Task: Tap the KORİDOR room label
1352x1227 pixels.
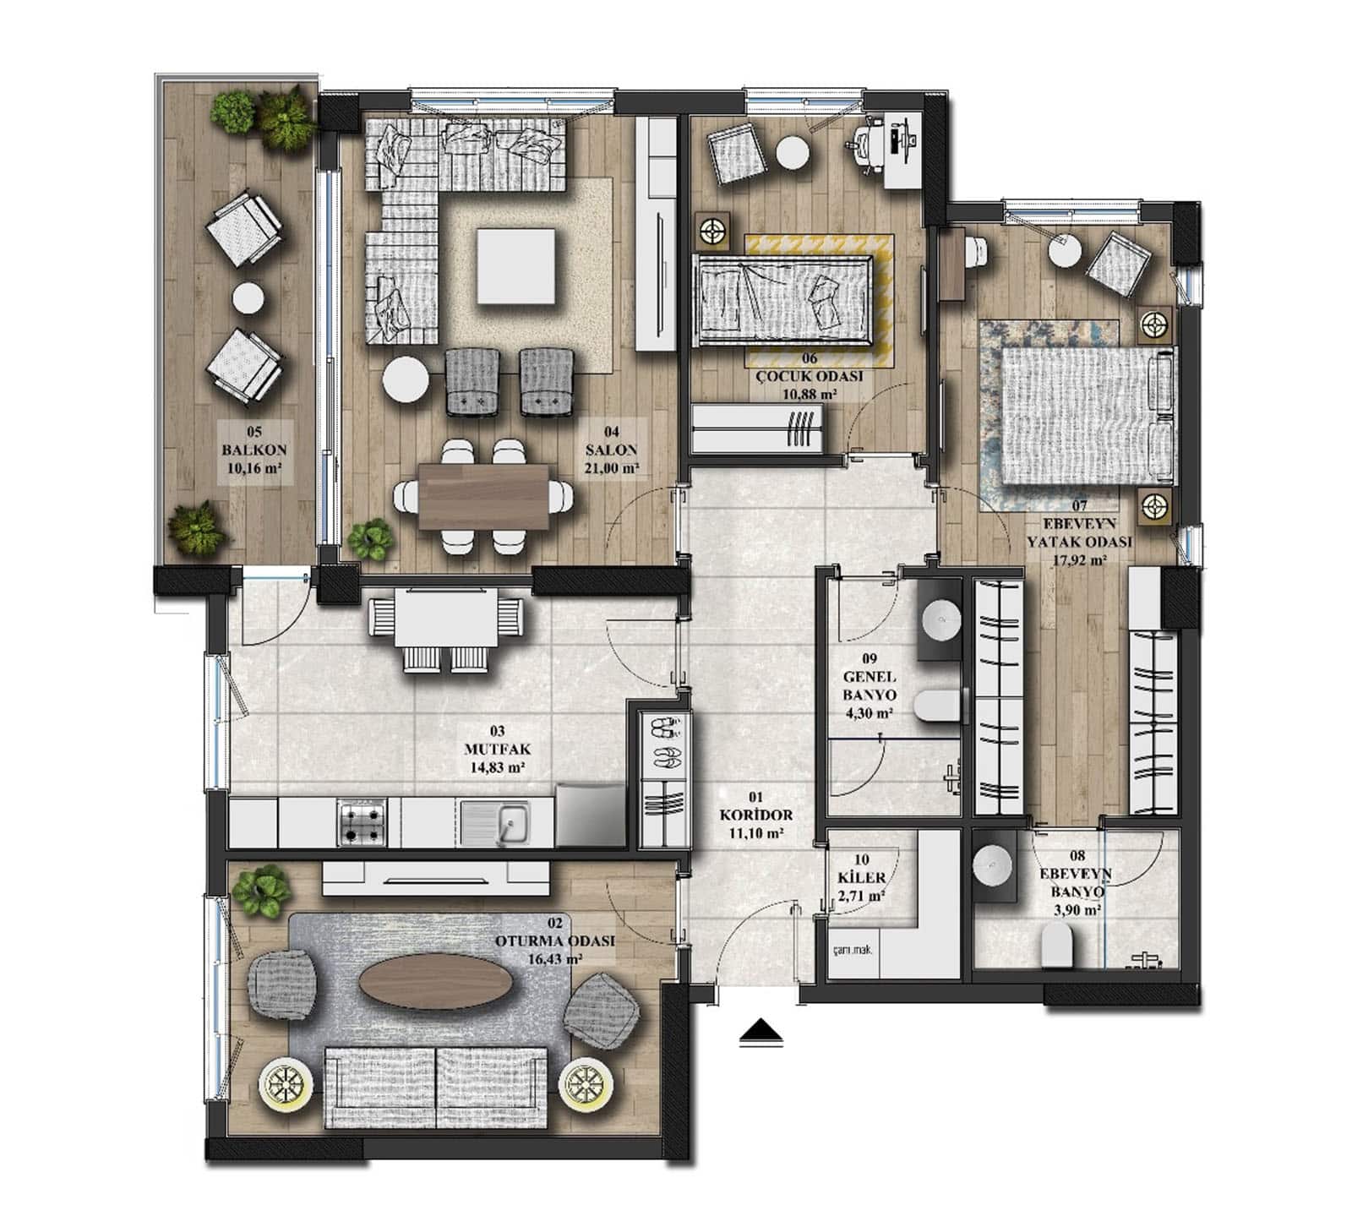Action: pyautogui.click(x=755, y=815)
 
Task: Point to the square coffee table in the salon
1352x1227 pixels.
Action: pyautogui.click(x=515, y=266)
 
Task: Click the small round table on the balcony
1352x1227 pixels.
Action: pyautogui.click(x=248, y=298)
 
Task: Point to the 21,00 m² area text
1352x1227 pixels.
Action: pyautogui.click(x=611, y=466)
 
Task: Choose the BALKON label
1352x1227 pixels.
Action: pyautogui.click(x=253, y=451)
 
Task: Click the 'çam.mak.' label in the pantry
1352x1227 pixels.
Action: pyautogui.click(x=851, y=948)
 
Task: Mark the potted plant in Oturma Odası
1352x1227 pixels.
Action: pyautogui.click(x=261, y=892)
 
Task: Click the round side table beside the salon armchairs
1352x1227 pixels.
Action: pyautogui.click(x=406, y=380)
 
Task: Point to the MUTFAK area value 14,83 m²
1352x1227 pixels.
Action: pyautogui.click(x=496, y=767)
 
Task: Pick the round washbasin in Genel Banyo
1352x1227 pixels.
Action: pyautogui.click(x=940, y=622)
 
